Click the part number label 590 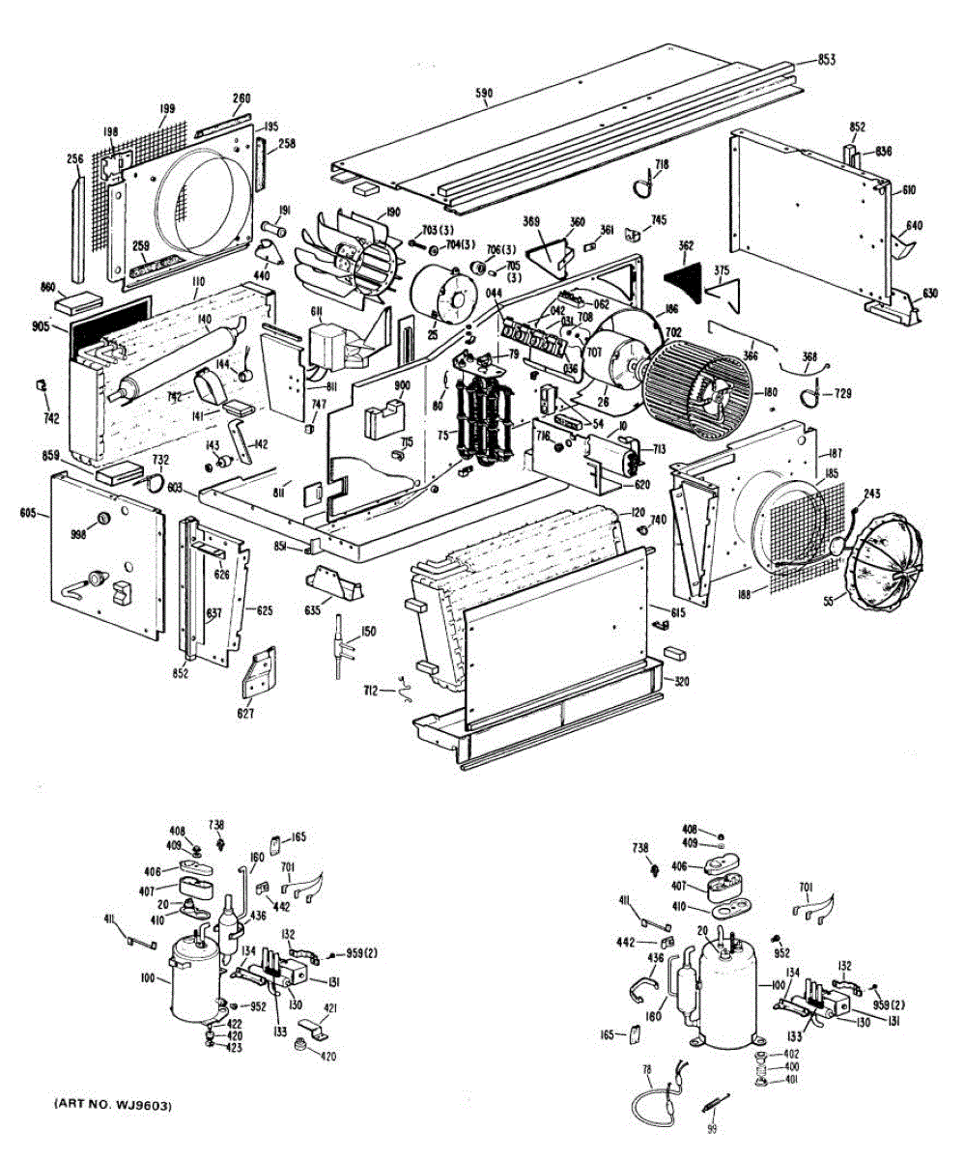point(484,94)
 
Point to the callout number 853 point(825,60)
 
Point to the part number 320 point(682,681)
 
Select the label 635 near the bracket point(312,610)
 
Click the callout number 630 point(929,293)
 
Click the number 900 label point(402,386)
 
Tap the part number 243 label point(871,495)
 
